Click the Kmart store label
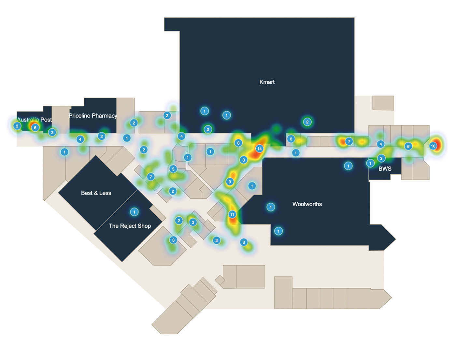pos(267,82)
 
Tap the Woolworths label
pos(307,204)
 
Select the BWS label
pos(385,169)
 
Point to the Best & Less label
pos(96,193)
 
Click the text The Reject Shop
pos(130,226)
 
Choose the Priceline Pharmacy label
pos(93,116)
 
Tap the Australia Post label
pos(34,120)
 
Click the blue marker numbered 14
pos(259,149)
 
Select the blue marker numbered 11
pos(232,214)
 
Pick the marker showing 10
pos(433,146)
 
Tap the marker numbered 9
pos(230,182)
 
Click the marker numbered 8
pos(238,143)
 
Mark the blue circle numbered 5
pos(173,169)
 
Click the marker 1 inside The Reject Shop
pos(134,212)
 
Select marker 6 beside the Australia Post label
pos(35,128)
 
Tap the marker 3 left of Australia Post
pos(17,126)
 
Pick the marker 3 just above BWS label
pos(381,158)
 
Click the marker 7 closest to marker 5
pos(150,177)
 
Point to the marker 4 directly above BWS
pos(381,144)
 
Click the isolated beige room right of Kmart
pos(383,103)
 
